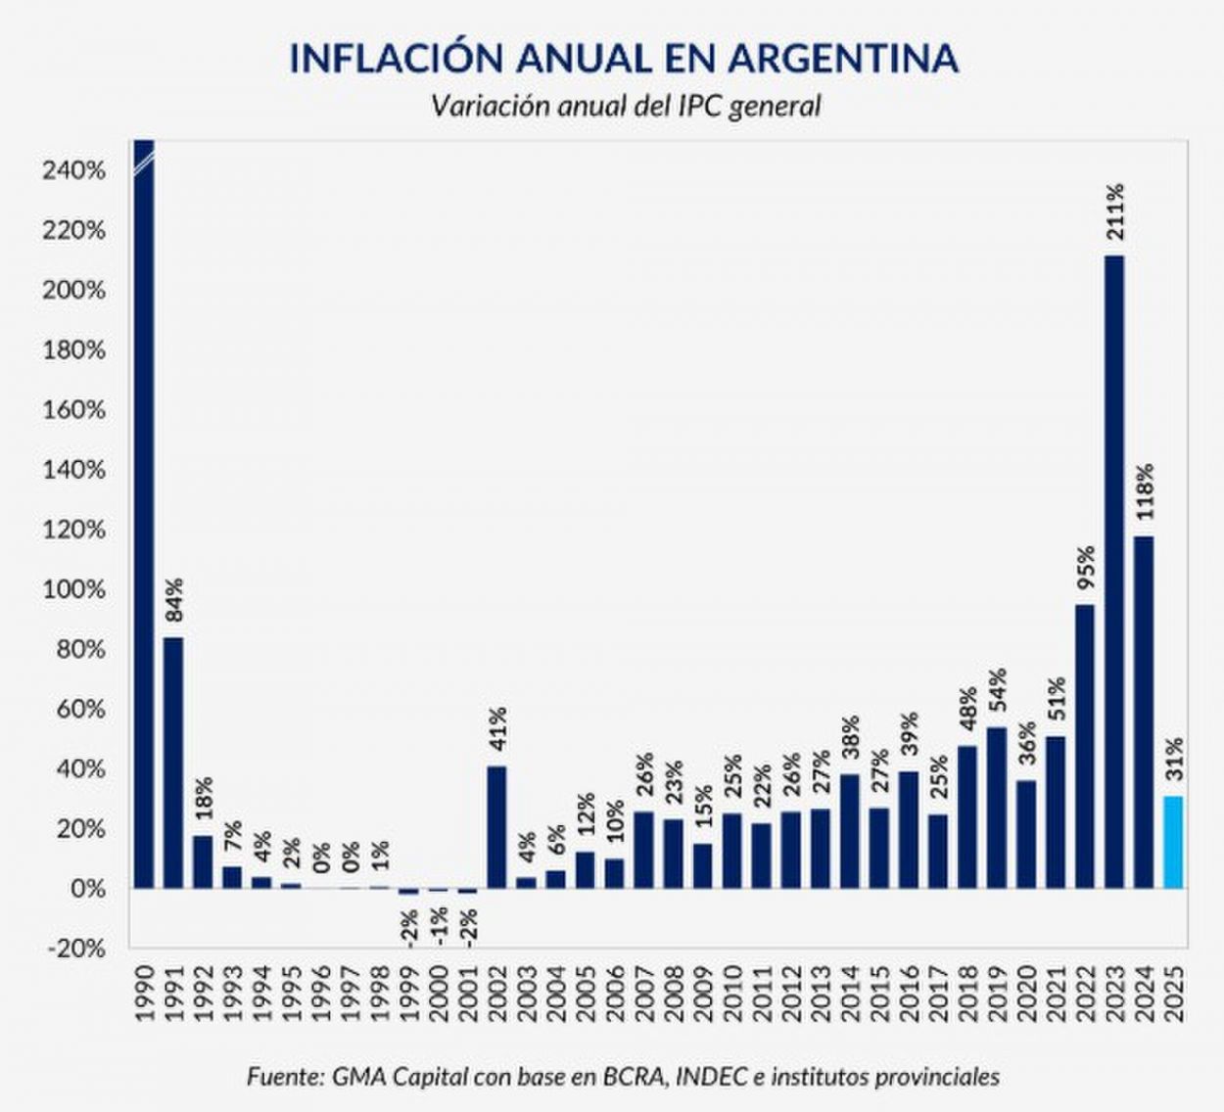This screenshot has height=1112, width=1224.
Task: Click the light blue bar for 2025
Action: (1173, 842)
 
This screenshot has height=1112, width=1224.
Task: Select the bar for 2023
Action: (1114, 573)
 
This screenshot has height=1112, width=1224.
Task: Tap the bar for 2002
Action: (497, 827)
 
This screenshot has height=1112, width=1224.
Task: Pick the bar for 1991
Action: (173, 763)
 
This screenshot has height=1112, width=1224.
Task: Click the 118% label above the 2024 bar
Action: (1144, 492)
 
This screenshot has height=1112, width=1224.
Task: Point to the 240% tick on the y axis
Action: (73, 171)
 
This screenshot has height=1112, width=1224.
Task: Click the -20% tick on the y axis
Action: (73, 949)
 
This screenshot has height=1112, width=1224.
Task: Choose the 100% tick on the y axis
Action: (73, 590)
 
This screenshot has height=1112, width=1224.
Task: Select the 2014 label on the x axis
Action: (850, 994)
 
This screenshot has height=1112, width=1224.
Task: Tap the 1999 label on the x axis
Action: (409, 994)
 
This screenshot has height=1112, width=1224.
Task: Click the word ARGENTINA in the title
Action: (843, 59)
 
